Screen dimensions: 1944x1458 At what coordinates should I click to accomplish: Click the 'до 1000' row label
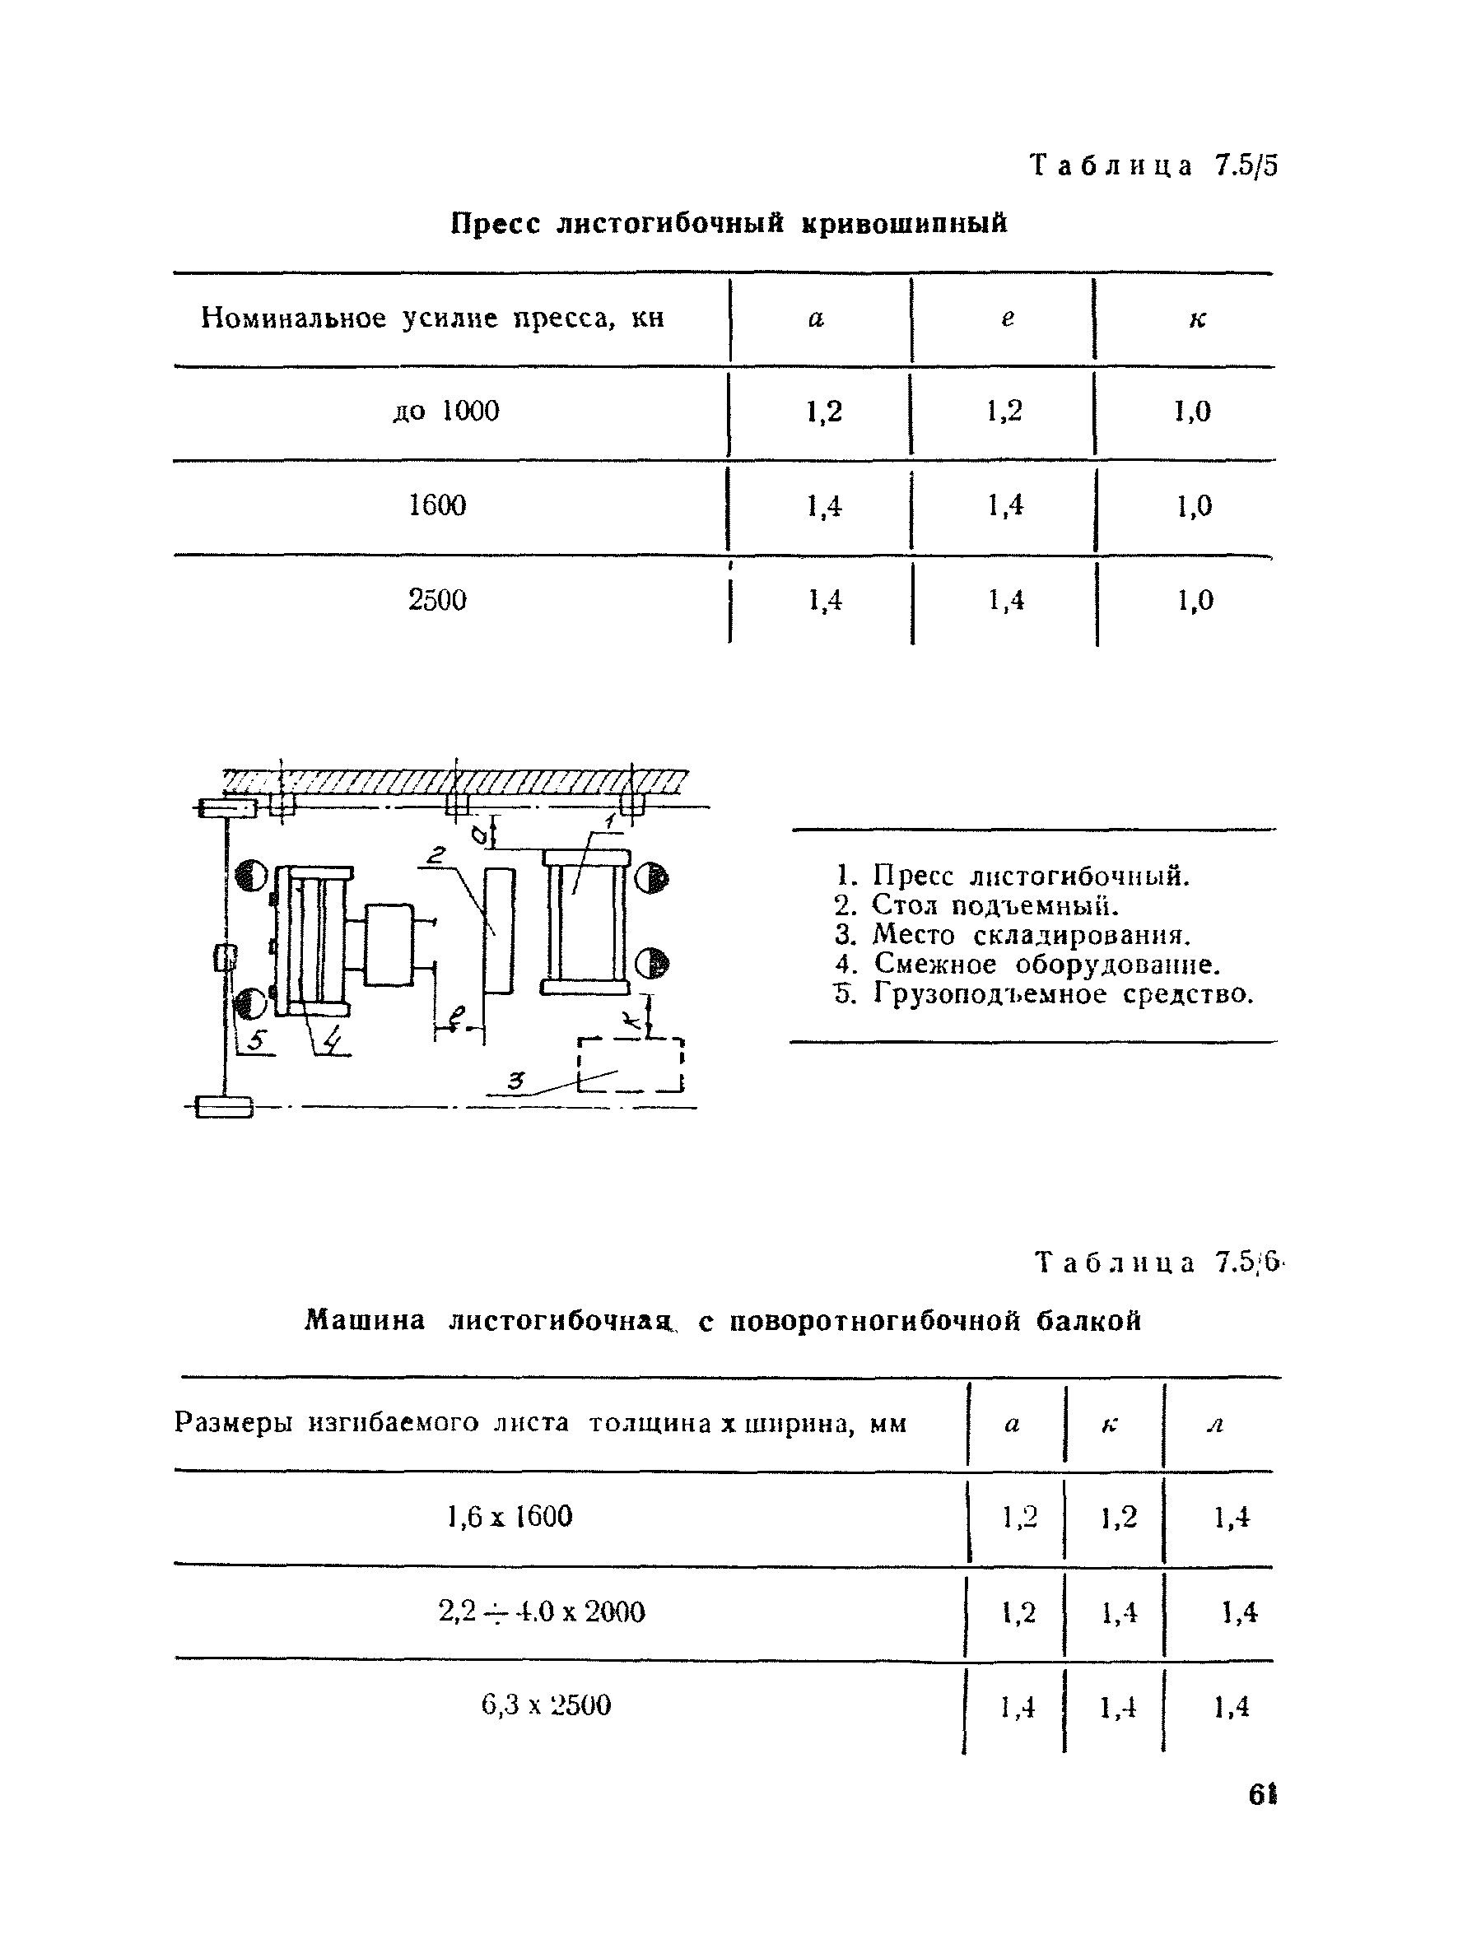point(445,411)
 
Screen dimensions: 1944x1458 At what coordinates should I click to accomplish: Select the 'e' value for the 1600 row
point(1004,505)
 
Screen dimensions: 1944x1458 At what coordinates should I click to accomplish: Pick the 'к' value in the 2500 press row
point(1195,600)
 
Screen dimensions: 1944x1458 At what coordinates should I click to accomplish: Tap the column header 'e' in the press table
point(1007,319)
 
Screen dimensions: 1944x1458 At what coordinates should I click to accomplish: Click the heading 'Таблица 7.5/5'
point(1154,165)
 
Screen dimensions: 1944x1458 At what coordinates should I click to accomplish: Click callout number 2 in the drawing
point(438,854)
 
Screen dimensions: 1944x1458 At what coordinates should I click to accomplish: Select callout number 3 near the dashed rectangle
point(517,1081)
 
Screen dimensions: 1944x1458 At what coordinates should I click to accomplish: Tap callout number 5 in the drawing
point(256,1040)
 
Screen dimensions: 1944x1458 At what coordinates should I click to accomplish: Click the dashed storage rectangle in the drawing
point(630,1065)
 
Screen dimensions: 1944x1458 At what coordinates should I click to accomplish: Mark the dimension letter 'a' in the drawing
point(479,833)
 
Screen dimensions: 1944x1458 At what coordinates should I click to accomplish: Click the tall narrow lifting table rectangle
point(499,930)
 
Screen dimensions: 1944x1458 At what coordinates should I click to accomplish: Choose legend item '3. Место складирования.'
point(1013,935)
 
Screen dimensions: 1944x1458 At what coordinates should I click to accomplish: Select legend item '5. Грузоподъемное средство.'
point(1043,994)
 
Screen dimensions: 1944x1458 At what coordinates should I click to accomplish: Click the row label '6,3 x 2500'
point(546,1705)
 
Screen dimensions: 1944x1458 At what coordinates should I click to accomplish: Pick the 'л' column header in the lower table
point(1215,1423)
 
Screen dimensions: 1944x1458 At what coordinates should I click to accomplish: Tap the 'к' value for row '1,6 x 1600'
point(1118,1518)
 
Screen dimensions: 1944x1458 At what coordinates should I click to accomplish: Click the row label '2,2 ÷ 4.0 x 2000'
point(542,1611)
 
